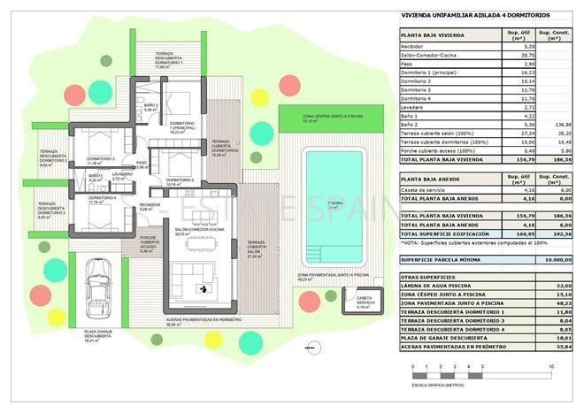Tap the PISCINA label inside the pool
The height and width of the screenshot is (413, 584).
334,203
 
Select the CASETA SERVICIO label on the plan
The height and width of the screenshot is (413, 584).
364,300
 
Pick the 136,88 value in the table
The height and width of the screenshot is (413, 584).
557,126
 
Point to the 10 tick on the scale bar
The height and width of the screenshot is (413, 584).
550,365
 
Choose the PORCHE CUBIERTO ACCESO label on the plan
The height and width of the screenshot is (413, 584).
149,243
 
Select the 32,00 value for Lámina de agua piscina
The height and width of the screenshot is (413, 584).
557,287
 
